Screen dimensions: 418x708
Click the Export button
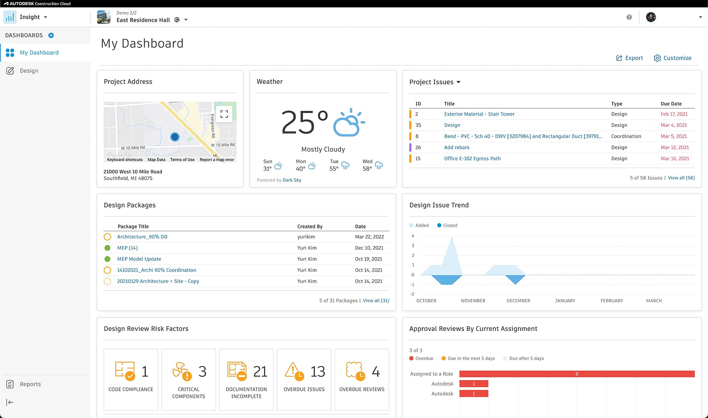pyautogui.click(x=630, y=58)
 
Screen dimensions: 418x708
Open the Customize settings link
pyautogui.click(x=672, y=58)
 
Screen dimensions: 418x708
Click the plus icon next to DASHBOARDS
pyautogui.click(x=51, y=35)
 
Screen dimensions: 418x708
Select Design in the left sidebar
pyautogui.click(x=29, y=71)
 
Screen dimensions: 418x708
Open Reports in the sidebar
pyautogui.click(x=30, y=384)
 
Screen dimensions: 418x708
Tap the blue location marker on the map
pyautogui.click(x=175, y=137)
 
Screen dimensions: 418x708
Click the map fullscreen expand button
pyautogui.click(x=224, y=114)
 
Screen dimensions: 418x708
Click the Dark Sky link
pyautogui.click(x=292, y=180)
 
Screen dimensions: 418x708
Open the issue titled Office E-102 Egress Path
pyautogui.click(x=472, y=158)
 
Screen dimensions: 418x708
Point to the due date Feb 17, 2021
pyautogui.click(x=674, y=114)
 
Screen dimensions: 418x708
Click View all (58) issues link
pyautogui.click(x=681, y=178)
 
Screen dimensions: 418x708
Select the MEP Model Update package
pyautogui.click(x=139, y=259)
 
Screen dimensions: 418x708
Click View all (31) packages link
pyautogui.click(x=376, y=301)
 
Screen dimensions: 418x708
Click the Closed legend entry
pyautogui.click(x=448, y=225)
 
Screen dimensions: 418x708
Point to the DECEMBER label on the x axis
pyautogui.click(x=518, y=301)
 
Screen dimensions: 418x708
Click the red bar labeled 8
pyautogui.click(x=577, y=374)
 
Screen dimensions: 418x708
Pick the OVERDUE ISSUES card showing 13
pyautogui.click(x=304, y=379)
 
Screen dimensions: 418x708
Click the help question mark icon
pyautogui.click(x=629, y=17)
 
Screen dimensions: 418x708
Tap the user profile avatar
pyautogui.click(x=651, y=17)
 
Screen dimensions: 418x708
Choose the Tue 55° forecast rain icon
pyautogui.click(x=345, y=166)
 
